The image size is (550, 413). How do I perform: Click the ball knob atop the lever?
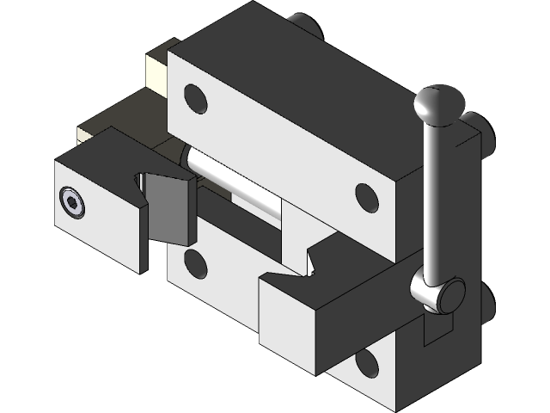point(439,105)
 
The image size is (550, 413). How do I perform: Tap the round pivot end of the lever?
point(448,294)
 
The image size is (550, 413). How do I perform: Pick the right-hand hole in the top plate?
point(367,197)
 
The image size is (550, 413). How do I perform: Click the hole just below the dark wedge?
point(195,262)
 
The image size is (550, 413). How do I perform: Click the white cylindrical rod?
point(232,182)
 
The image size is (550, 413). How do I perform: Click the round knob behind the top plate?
point(304,26)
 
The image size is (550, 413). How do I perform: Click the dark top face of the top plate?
point(284,69)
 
